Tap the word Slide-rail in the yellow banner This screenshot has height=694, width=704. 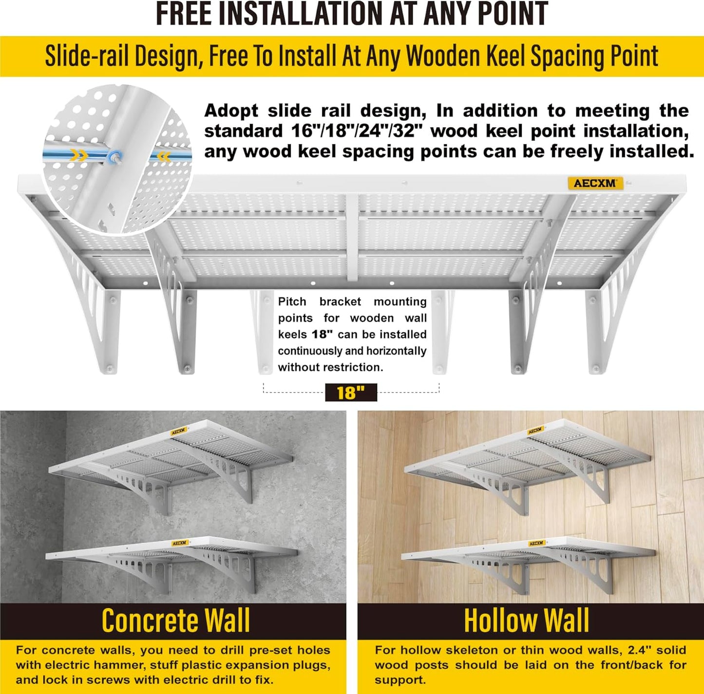coord(88,56)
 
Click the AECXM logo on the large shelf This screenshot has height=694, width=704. coord(595,183)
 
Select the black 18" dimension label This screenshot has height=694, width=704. coord(351,393)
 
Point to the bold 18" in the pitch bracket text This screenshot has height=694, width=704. coord(322,335)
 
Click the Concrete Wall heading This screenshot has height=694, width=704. coord(175,621)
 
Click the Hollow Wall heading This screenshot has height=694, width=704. coord(526,621)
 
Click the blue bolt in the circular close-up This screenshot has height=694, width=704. coord(116,156)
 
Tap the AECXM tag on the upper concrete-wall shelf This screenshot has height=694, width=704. coord(178,431)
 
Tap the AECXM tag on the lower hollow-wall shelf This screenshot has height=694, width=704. coord(536,543)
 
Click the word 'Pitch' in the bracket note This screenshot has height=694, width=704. coord(292,301)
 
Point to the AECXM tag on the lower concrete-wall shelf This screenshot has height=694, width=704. coord(179,543)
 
